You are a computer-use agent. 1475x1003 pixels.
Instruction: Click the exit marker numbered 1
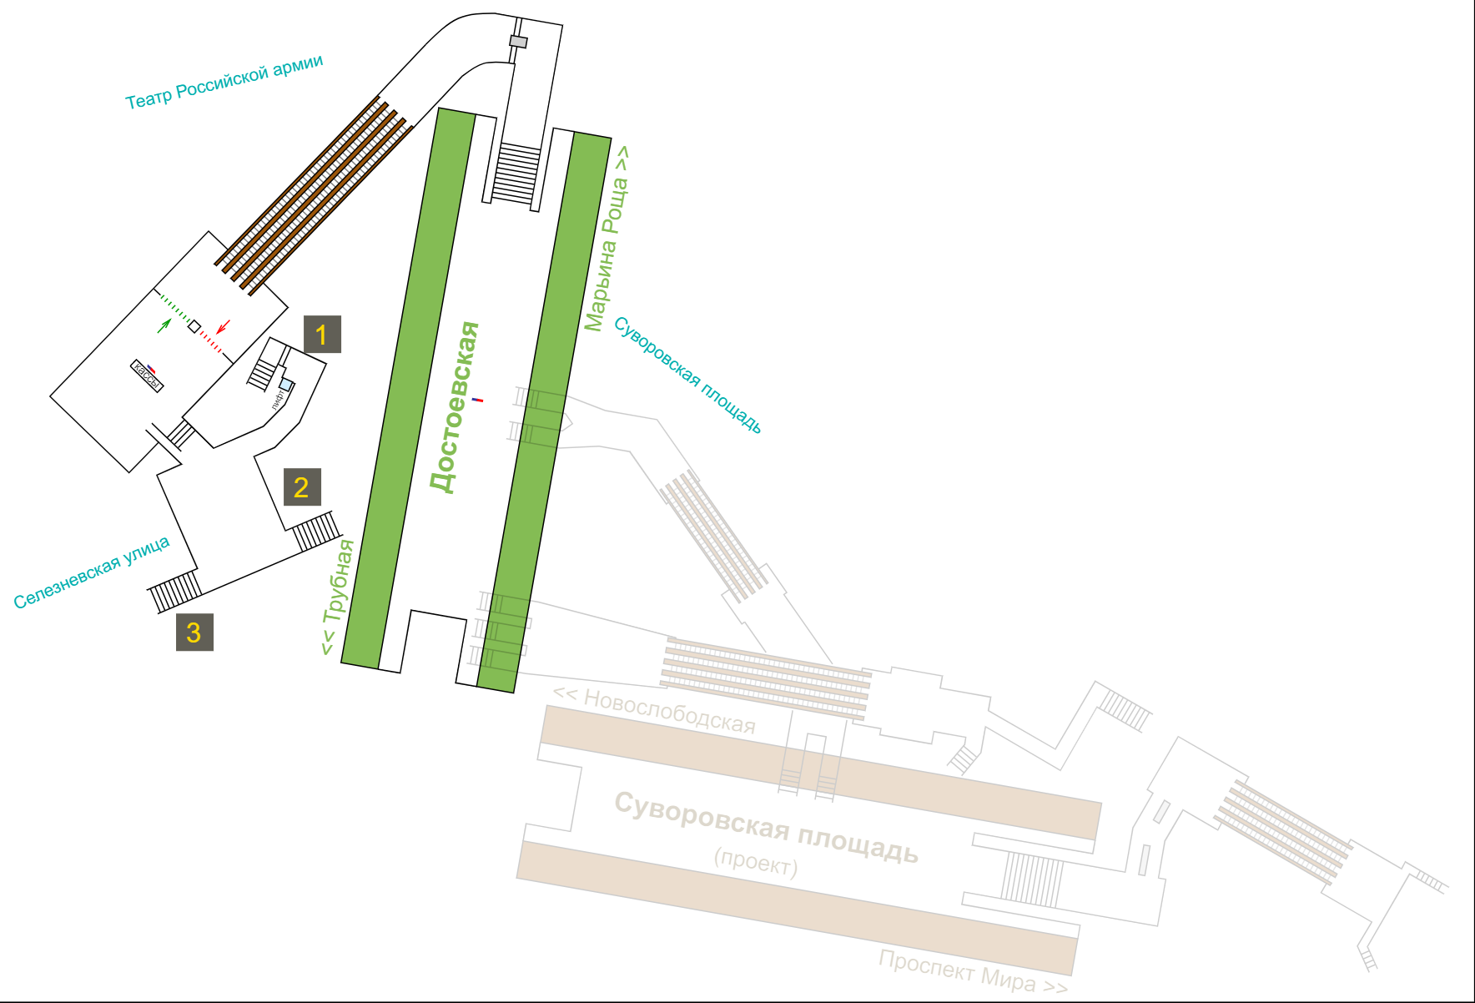(322, 335)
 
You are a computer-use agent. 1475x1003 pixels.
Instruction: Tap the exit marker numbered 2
(302, 487)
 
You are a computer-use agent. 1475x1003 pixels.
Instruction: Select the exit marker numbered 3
(194, 632)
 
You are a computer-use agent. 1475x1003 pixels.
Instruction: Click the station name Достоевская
(456, 407)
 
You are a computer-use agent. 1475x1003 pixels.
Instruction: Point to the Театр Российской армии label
(224, 83)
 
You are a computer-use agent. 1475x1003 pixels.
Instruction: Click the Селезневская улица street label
(92, 572)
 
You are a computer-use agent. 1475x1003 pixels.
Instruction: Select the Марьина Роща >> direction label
(607, 239)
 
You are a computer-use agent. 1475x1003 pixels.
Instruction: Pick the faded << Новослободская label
(655, 710)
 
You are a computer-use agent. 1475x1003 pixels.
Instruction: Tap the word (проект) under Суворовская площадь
(756, 862)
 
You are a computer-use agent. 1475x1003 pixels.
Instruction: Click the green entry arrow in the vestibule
(164, 325)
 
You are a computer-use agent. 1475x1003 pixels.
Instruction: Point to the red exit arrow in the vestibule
(223, 326)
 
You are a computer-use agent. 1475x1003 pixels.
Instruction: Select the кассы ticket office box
(147, 375)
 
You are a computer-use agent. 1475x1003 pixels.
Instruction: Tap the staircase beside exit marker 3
(175, 591)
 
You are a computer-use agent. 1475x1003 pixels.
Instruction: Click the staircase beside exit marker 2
(316, 531)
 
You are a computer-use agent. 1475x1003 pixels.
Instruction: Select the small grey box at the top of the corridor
(519, 42)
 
